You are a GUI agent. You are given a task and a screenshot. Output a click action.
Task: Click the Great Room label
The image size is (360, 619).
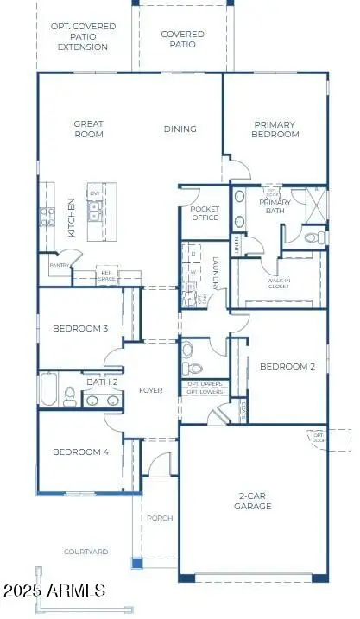tap(88, 129)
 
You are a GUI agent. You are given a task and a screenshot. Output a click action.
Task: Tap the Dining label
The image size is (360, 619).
tap(180, 129)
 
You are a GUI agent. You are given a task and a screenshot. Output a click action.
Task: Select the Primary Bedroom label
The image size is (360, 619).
tap(275, 129)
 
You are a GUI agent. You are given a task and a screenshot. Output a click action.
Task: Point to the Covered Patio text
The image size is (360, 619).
tap(182, 39)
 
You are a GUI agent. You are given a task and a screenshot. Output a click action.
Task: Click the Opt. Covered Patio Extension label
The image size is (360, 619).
tap(83, 37)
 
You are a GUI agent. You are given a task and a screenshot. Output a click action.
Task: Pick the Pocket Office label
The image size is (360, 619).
tap(204, 214)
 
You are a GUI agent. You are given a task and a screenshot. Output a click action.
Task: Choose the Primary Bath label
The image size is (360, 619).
tap(275, 206)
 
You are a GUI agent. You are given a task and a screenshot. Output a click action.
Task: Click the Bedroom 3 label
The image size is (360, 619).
tap(80, 329)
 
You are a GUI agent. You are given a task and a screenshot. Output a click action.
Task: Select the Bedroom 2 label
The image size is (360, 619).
tap(287, 367)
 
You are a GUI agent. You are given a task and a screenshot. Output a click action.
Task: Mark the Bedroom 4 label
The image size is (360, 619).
tap(80, 452)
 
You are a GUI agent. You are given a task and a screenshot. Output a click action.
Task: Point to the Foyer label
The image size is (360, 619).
tap(151, 391)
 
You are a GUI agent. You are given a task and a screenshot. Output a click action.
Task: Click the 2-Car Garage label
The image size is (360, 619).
tap(255, 502)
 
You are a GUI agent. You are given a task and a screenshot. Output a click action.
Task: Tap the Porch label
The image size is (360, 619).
tap(160, 518)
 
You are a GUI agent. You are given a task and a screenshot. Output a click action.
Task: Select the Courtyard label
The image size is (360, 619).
tap(85, 551)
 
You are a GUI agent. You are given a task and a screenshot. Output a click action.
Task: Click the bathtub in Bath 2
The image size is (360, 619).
tap(47, 390)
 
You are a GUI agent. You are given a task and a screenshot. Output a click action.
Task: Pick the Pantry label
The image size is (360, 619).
tap(59, 266)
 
